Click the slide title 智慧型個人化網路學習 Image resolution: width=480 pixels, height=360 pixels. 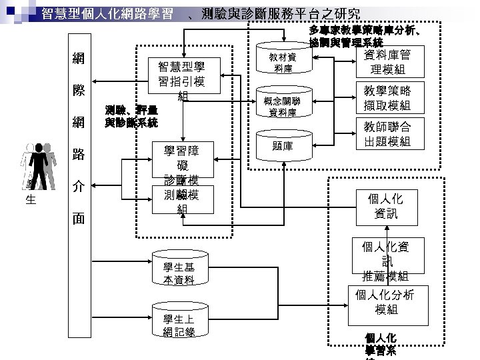[107, 13]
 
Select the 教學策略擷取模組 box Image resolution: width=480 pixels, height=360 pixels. [386, 98]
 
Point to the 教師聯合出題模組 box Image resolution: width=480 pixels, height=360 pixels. [386, 134]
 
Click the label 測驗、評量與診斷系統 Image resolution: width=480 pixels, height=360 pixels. [131, 116]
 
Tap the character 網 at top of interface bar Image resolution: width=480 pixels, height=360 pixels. [78, 58]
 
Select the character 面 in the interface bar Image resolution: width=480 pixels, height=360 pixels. [78, 219]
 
